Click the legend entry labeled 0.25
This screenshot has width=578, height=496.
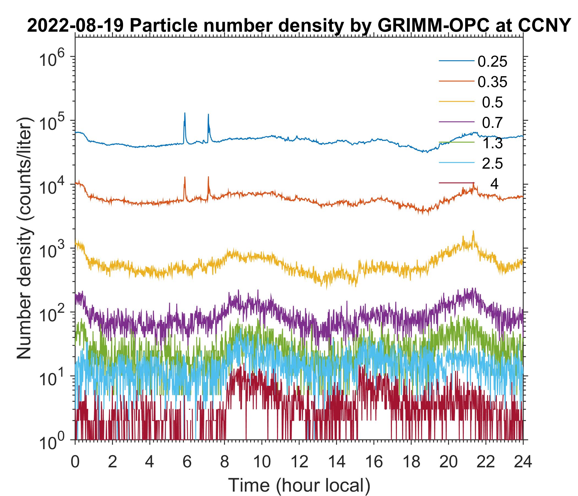tap(492, 62)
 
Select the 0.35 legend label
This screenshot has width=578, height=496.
tap(492, 82)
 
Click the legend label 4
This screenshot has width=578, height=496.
tap(494, 184)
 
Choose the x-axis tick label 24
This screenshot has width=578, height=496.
tap(523, 462)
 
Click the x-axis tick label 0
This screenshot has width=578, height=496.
tap(75, 462)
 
